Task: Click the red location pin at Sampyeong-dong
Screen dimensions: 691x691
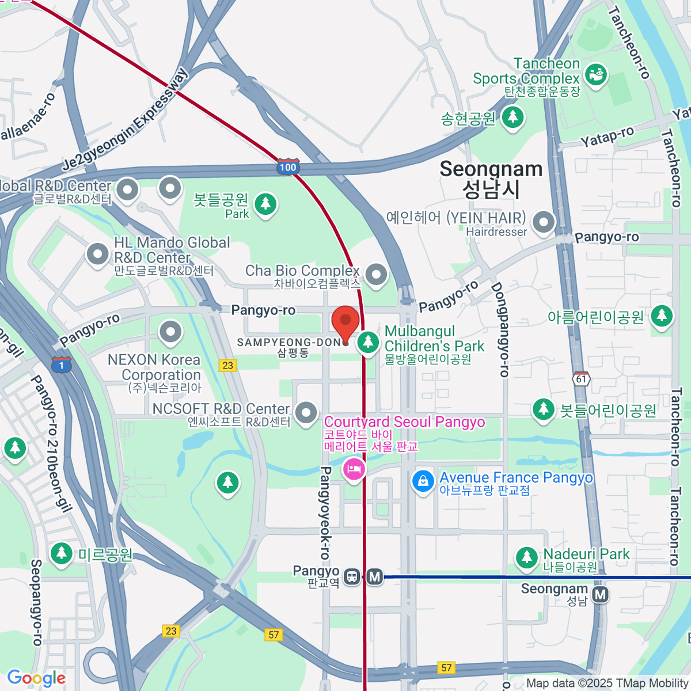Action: tap(345, 323)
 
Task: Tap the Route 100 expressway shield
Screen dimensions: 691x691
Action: tap(287, 167)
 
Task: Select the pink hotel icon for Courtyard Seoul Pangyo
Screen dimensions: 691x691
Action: tap(354, 469)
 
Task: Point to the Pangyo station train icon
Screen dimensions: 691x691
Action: tap(351, 576)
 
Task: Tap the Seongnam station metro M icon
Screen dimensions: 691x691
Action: tap(601, 594)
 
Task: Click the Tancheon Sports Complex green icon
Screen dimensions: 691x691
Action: tap(595, 74)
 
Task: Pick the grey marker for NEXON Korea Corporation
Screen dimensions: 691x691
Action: tap(170, 332)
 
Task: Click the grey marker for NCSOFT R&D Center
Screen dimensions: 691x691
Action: tap(306, 412)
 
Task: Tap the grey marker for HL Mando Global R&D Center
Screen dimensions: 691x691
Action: tap(97, 254)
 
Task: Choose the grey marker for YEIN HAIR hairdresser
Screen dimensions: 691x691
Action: tap(543, 222)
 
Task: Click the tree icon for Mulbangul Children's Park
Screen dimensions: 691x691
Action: tap(368, 342)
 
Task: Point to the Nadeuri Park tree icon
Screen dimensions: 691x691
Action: tap(526, 557)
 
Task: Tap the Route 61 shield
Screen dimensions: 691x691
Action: tap(581, 378)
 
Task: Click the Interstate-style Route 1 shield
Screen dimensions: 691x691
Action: tap(62, 365)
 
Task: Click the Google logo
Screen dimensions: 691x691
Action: tap(36, 678)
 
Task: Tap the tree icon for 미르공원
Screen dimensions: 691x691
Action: tap(61, 553)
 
